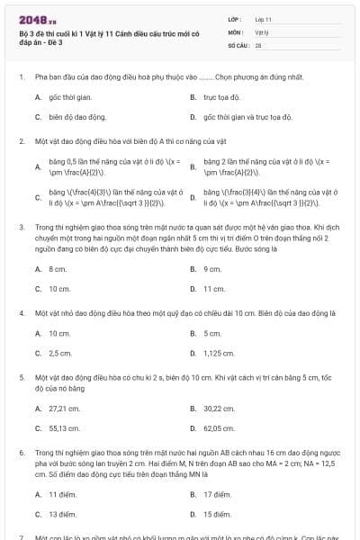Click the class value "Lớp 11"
(264, 18)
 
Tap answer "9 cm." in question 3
(213, 268)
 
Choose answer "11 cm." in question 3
(214, 289)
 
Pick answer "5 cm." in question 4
(213, 332)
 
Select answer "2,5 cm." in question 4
(60, 353)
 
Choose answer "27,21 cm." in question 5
(63, 407)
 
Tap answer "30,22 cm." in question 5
(218, 407)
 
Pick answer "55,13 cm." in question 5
(63, 427)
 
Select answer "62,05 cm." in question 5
(218, 427)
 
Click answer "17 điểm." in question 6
(218, 493)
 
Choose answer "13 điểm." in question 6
(62, 514)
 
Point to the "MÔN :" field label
(234, 31)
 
